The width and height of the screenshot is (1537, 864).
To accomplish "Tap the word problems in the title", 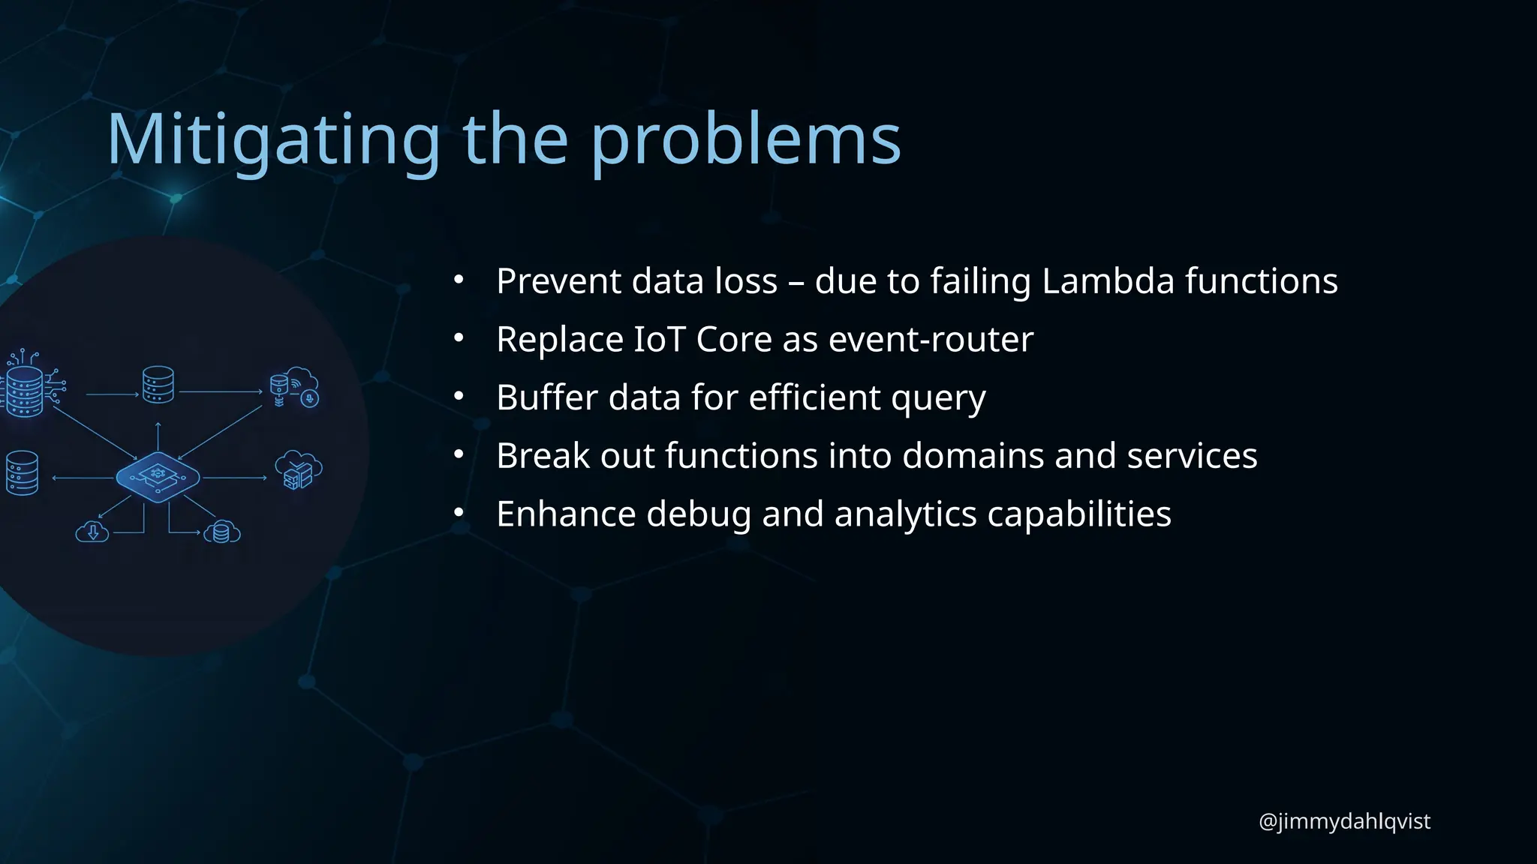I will pyautogui.click(x=746, y=139).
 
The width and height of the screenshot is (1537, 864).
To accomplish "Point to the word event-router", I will pyautogui.click(x=931, y=339).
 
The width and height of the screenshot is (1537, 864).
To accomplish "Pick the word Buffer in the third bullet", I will pyautogui.click(x=546, y=397).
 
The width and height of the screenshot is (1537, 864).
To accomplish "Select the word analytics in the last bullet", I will pyautogui.click(x=904, y=514).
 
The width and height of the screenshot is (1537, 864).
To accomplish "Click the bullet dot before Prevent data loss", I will pyautogui.click(x=459, y=281).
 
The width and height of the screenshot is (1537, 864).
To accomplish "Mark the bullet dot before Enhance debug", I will pyautogui.click(x=459, y=514).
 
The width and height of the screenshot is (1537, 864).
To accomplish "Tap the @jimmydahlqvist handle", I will pyautogui.click(x=1344, y=821).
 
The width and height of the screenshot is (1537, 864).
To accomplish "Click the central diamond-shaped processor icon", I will pyautogui.click(x=158, y=477).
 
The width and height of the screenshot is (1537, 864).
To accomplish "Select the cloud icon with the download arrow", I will pyautogui.click(x=92, y=532).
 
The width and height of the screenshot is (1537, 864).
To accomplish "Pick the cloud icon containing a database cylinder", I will pyautogui.click(x=221, y=532).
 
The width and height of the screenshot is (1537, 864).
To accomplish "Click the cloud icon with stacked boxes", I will pyautogui.click(x=298, y=470).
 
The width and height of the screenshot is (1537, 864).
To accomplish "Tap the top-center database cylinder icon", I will pyautogui.click(x=158, y=384).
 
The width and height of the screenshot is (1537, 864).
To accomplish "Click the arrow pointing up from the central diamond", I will pyautogui.click(x=158, y=436).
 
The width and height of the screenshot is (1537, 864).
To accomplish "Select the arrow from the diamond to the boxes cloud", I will pyautogui.click(x=234, y=478).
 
